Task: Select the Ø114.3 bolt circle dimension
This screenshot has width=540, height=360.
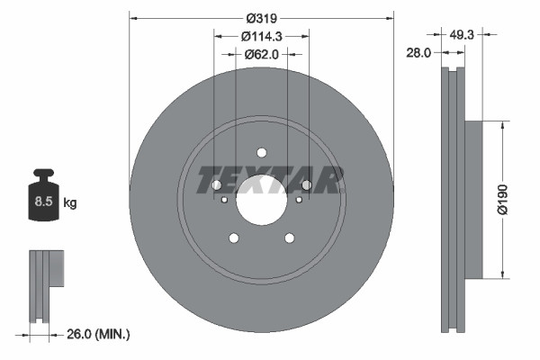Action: click(x=262, y=36)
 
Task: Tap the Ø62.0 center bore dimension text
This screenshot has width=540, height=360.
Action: click(x=261, y=54)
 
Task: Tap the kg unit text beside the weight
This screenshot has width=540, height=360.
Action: click(x=70, y=203)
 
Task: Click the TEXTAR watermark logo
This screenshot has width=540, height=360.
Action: click(x=271, y=179)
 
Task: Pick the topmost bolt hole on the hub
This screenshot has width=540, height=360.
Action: click(x=262, y=152)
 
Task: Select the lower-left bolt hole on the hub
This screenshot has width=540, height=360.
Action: click(x=234, y=238)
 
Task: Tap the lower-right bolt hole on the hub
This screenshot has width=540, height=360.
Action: click(x=290, y=238)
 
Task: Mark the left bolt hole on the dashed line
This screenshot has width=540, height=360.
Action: click(x=216, y=185)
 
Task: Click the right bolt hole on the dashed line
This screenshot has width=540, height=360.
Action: click(x=307, y=185)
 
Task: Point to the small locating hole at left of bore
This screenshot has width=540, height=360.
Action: click(x=225, y=200)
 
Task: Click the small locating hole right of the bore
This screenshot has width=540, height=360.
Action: click(x=299, y=200)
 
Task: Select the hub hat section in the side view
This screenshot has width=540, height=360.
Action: click(x=475, y=198)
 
